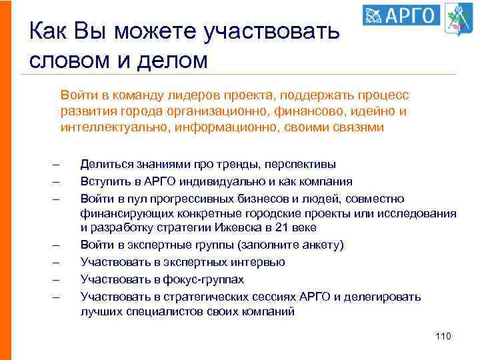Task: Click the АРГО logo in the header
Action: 402,15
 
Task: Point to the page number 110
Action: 443,336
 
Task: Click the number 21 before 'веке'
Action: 273,229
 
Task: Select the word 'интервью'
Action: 261,262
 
